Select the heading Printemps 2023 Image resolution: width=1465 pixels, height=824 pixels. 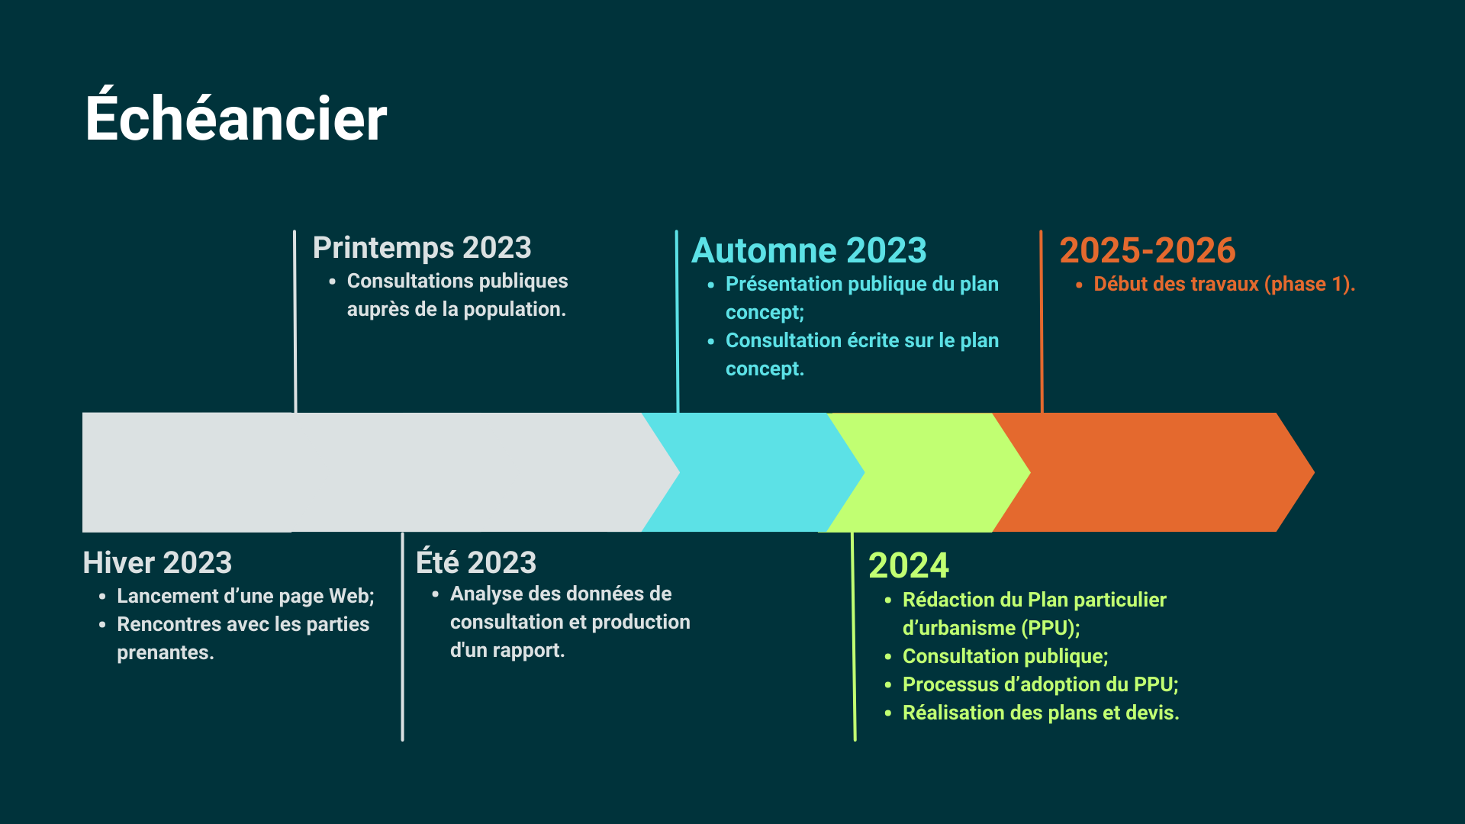click(422, 248)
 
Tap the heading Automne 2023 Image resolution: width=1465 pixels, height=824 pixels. click(809, 250)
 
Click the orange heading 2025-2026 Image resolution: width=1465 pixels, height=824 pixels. click(1148, 250)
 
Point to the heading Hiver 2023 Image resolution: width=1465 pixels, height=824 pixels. click(157, 563)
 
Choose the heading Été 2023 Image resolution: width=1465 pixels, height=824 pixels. click(476, 561)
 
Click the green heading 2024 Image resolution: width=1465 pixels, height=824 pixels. click(909, 565)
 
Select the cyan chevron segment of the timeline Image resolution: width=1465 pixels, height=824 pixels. click(752, 472)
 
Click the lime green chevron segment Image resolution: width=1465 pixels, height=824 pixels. click(927, 472)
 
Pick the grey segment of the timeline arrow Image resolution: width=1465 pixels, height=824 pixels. click(374, 472)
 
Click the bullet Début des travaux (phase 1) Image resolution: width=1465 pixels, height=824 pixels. click(1224, 284)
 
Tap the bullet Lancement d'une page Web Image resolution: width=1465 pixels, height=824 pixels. click(246, 596)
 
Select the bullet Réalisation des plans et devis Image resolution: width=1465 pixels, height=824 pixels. click(1041, 713)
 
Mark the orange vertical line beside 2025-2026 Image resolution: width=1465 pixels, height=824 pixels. click(1042, 321)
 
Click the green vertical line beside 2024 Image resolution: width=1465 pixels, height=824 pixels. click(854, 636)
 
